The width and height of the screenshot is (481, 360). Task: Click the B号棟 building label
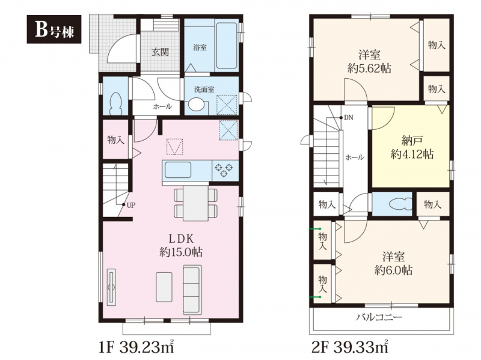pyautogui.click(x=54, y=29)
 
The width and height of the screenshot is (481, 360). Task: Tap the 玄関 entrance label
pyautogui.click(x=160, y=52)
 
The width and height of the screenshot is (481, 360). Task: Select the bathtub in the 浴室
pyautogui.click(x=227, y=45)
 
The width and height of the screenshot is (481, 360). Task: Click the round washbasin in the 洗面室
pyautogui.click(x=197, y=105)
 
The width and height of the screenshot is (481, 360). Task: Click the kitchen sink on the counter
pyautogui.click(x=178, y=170)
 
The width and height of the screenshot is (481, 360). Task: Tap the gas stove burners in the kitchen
pyautogui.click(x=224, y=171)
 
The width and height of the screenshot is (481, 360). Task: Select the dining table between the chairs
pyautogui.click(x=196, y=203)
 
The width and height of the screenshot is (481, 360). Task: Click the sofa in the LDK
pyautogui.click(x=192, y=290)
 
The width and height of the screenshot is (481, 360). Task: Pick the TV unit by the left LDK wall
pyautogui.click(x=111, y=287)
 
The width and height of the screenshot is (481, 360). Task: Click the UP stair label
pyautogui.click(x=131, y=206)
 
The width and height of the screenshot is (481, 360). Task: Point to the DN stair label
pyautogui.click(x=349, y=118)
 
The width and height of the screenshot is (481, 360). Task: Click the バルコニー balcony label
pyautogui.click(x=379, y=317)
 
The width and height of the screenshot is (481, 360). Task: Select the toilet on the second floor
pyautogui.click(x=400, y=203)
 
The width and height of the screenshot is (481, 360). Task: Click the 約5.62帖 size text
pyautogui.click(x=369, y=69)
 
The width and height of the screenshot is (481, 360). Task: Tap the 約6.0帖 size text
pyautogui.click(x=393, y=270)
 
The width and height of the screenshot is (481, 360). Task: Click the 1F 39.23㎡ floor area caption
pyautogui.click(x=136, y=347)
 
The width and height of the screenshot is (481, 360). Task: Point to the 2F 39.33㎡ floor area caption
pyautogui.click(x=350, y=347)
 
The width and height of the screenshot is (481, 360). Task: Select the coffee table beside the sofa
pyautogui.click(x=164, y=287)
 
